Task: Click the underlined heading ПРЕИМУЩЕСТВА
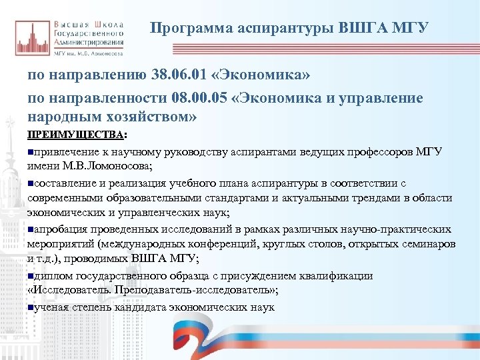(75, 135)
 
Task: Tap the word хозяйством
(150, 117)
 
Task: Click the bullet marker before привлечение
(31, 152)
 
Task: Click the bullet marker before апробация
(31, 229)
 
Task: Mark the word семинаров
(425, 245)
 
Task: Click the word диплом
(53, 276)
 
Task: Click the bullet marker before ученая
(31, 307)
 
